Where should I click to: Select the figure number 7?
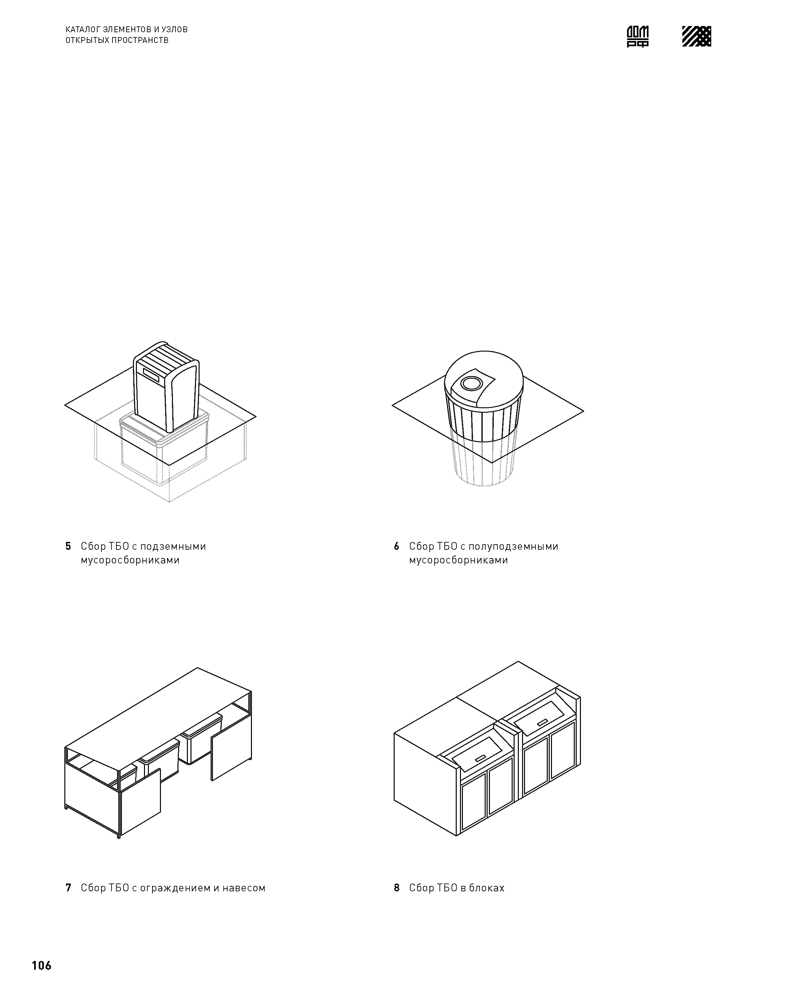point(68,887)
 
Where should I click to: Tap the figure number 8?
point(396,887)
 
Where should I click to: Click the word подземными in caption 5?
point(173,547)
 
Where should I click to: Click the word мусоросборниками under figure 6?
point(458,560)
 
